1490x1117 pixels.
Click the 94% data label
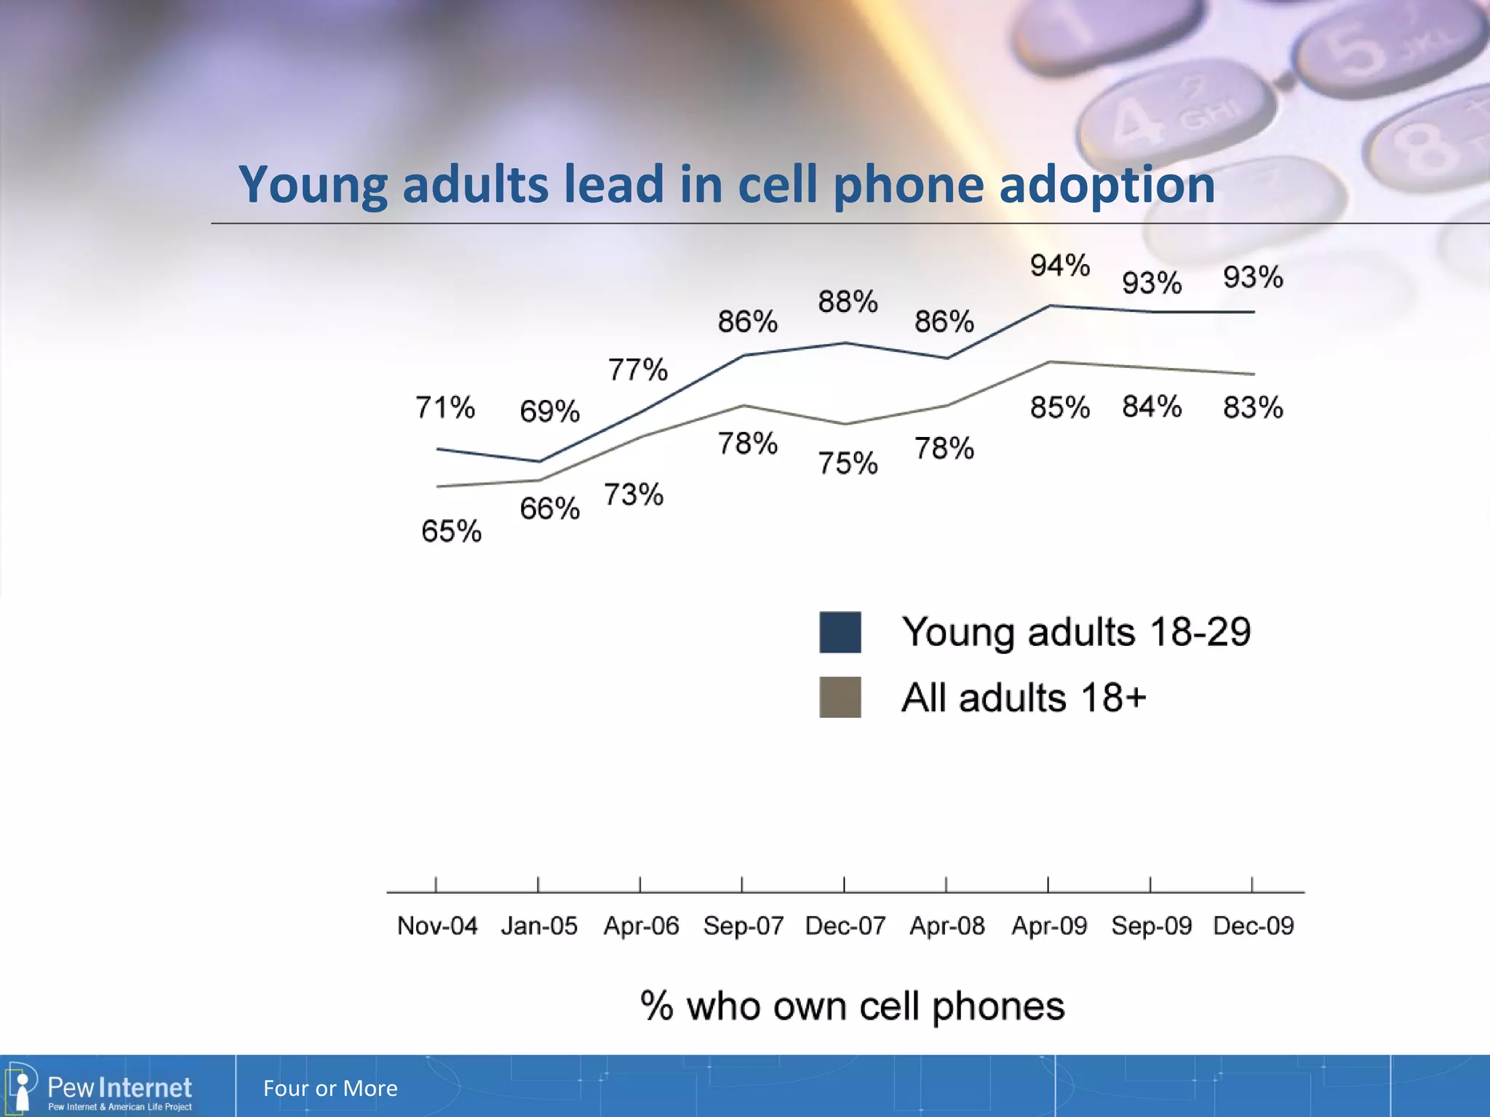coord(1059,265)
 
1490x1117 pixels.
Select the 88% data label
coord(848,301)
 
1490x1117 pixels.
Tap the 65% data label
coord(451,531)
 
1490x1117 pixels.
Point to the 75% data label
coord(848,463)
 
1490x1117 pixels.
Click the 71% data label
coord(445,407)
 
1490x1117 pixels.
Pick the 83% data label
coord(1253,407)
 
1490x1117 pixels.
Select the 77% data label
coord(637,369)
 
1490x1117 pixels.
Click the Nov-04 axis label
coord(437,926)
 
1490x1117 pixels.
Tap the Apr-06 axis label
coord(641,926)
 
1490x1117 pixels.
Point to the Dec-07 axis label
coord(845,926)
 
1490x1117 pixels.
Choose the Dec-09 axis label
coord(1253,926)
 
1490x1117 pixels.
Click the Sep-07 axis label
coord(743,926)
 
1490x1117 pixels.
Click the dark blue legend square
coord(840,632)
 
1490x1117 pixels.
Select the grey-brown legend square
coord(840,697)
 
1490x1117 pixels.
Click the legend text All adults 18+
coord(1023,697)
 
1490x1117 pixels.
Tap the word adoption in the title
coord(1107,185)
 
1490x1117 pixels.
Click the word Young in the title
coord(313,185)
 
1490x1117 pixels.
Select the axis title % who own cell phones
coord(852,1006)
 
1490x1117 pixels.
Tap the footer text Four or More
coord(330,1088)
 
